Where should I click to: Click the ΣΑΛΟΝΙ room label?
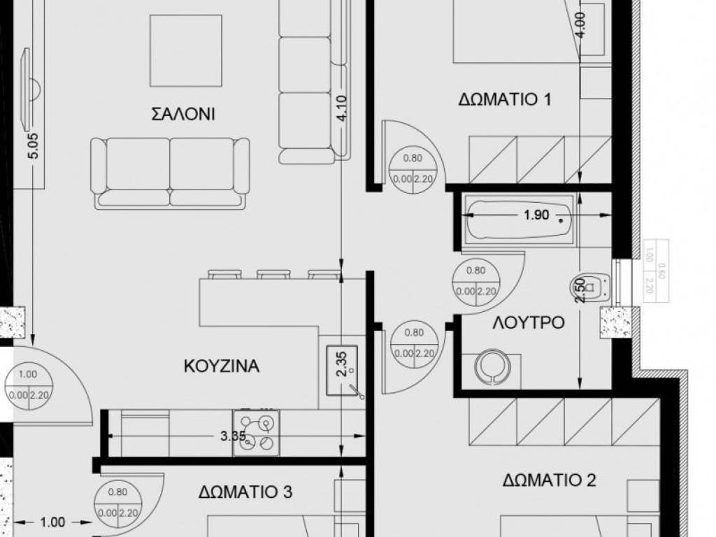coord(182,114)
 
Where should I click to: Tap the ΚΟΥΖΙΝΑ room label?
coord(222,366)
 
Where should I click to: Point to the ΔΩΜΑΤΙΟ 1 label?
coord(505,99)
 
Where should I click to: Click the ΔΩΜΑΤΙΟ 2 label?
coord(549,480)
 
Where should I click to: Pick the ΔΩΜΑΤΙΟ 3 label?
coord(245,492)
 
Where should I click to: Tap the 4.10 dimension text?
coord(342,109)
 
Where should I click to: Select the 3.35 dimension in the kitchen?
coord(231,437)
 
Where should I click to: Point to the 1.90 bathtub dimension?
coord(536,215)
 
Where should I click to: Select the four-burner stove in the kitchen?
coord(256,433)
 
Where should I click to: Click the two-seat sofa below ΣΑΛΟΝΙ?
coord(170,172)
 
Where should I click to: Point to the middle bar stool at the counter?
coord(273,274)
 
